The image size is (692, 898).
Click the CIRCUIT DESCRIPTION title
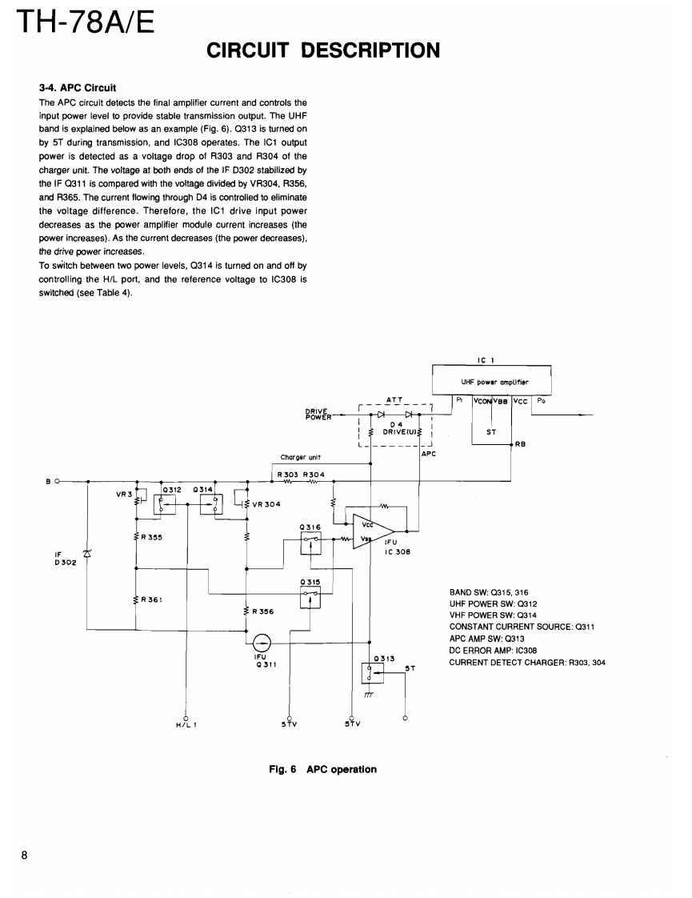[x=323, y=51]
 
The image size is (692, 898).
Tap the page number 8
[x=25, y=856]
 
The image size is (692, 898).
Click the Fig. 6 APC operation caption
[x=322, y=769]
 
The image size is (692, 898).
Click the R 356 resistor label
[x=262, y=611]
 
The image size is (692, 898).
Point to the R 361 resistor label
[x=151, y=599]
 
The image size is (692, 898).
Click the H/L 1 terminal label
[x=186, y=726]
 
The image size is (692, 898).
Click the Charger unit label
[x=300, y=458]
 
